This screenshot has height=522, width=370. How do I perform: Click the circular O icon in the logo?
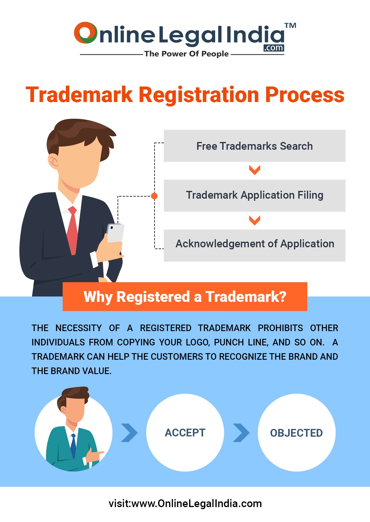[x=86, y=33]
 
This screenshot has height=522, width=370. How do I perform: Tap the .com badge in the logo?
[x=274, y=48]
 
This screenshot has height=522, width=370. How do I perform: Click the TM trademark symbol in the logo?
[x=290, y=26]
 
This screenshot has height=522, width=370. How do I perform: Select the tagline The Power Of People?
[x=186, y=54]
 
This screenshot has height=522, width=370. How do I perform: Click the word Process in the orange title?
[x=305, y=95]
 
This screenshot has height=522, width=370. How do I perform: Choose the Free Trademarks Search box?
[x=255, y=146]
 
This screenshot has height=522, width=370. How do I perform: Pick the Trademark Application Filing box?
[x=255, y=195]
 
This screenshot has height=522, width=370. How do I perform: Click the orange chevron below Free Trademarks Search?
[x=255, y=170]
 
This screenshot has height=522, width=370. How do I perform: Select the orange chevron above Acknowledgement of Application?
[x=255, y=220]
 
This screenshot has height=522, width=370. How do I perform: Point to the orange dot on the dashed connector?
[x=154, y=196]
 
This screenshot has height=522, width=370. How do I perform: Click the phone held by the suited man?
[x=115, y=233]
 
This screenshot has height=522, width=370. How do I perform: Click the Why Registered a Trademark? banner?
[x=185, y=297]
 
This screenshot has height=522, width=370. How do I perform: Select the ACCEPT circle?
[x=185, y=433]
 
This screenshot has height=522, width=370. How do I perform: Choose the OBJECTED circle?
[x=296, y=433]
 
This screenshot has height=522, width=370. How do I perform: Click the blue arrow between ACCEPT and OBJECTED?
[x=241, y=433]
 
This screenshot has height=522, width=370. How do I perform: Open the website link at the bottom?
[x=185, y=504]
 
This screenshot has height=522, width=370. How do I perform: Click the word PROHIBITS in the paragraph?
[x=280, y=328]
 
